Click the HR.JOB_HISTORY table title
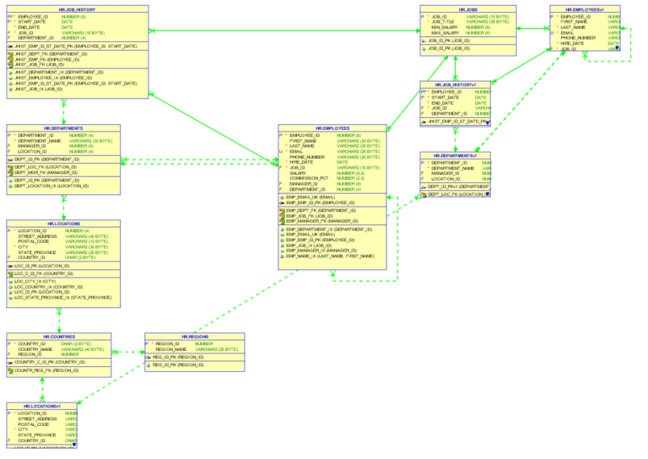click(77, 9)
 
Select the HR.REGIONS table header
click(194, 336)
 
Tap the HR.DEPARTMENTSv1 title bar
click(456, 155)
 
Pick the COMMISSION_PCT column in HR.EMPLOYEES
click(309, 178)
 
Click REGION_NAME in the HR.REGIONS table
click(170, 349)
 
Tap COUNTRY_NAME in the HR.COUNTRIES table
click(36, 349)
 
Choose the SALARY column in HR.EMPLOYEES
click(298, 173)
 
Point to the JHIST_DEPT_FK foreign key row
click(51, 53)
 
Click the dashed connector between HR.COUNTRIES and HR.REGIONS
click(128, 353)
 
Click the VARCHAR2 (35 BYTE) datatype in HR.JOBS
click(488, 21)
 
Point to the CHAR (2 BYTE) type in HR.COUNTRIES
click(76, 344)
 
